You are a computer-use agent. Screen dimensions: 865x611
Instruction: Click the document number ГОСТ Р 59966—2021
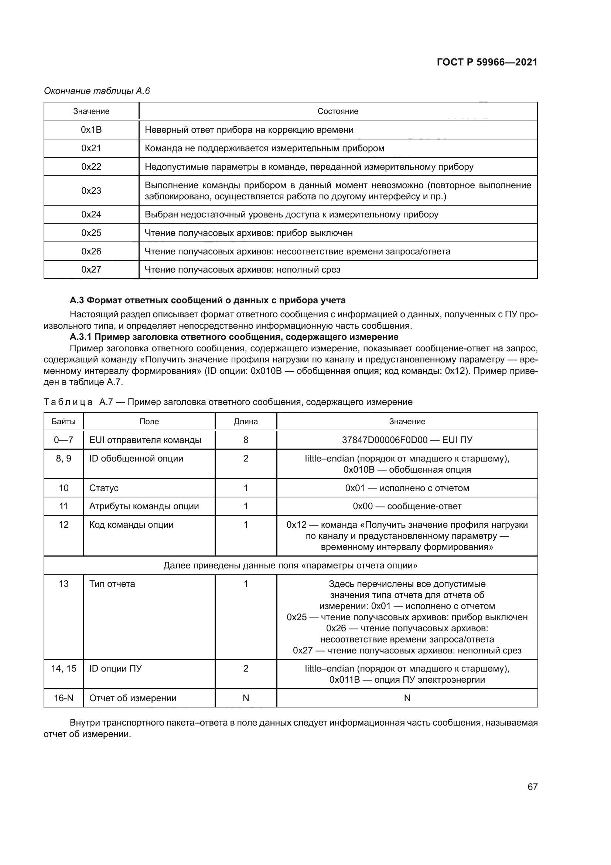(487, 62)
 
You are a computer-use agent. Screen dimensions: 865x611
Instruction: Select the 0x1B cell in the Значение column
(91, 130)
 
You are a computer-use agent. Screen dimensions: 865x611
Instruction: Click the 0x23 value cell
(91, 190)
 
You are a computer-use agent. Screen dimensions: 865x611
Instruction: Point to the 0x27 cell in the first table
(91, 269)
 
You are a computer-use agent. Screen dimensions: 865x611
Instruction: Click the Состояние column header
(338, 111)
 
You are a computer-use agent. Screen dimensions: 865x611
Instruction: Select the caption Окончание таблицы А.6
(97, 91)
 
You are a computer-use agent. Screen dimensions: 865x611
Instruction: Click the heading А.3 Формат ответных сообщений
(208, 300)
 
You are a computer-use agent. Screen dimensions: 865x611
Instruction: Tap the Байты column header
(64, 421)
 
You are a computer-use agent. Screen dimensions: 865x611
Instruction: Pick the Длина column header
(246, 421)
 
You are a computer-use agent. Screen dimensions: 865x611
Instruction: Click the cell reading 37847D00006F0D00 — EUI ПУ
(407, 440)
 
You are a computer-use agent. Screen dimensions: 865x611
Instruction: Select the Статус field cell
(104, 488)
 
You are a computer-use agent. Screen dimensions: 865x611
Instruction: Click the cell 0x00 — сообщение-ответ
(407, 506)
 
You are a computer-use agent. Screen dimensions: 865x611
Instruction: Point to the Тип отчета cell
(112, 584)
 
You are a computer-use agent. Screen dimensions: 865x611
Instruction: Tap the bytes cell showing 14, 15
(64, 669)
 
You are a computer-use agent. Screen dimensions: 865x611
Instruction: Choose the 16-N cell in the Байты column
(64, 698)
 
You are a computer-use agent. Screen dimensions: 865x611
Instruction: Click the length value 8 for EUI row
(246, 440)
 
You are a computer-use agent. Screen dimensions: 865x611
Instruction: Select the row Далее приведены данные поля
(290, 565)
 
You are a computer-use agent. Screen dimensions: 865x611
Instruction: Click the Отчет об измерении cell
(133, 698)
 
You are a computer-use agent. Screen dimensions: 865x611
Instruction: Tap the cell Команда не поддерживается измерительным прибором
(264, 148)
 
